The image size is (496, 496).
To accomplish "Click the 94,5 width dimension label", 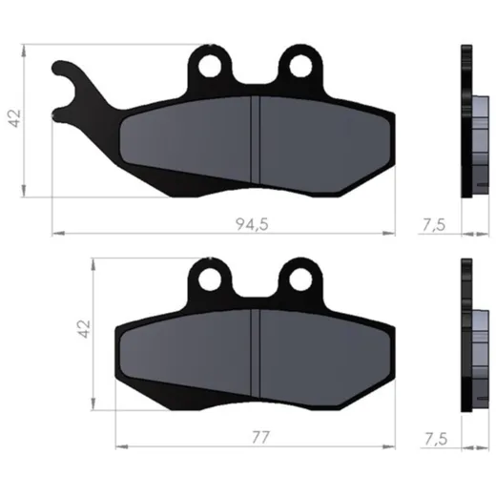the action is (252, 224).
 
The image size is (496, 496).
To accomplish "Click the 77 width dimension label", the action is (260, 438).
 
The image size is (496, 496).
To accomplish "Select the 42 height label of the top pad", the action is (14, 118).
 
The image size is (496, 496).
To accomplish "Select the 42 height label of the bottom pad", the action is (84, 329).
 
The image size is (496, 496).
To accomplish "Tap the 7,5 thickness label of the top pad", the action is (434, 225).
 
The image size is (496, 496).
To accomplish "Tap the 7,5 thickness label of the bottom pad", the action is (436, 439).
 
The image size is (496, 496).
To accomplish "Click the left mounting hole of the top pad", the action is (210, 66).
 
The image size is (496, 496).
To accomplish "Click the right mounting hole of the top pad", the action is (300, 66).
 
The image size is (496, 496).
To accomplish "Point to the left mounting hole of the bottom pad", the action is (210, 279).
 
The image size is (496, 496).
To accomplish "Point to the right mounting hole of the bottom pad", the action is (300, 279).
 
